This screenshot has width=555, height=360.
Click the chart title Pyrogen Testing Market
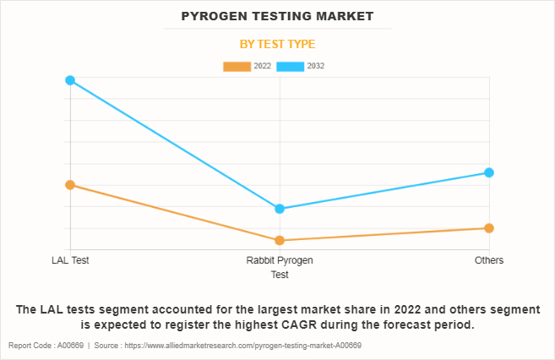pyautogui.click(x=277, y=16)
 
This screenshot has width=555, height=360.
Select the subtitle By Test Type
pyautogui.click(x=277, y=44)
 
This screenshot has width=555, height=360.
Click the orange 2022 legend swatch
pyautogui.click(x=237, y=66)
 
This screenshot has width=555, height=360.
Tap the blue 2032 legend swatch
pyautogui.click(x=291, y=66)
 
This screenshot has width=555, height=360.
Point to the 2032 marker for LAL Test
pyautogui.click(x=70, y=80)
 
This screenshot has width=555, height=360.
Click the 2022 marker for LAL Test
pyautogui.click(x=70, y=184)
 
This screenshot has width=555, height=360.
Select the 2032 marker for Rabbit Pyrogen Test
pyautogui.click(x=280, y=209)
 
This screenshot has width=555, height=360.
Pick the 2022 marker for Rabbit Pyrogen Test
pyautogui.click(x=280, y=240)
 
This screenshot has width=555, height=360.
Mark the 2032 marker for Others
pyautogui.click(x=489, y=172)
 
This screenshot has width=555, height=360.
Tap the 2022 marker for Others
pyautogui.click(x=489, y=228)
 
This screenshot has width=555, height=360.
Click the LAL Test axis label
pyautogui.click(x=70, y=260)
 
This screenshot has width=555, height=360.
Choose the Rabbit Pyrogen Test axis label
pyautogui.click(x=280, y=267)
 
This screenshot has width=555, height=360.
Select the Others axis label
pyautogui.click(x=489, y=260)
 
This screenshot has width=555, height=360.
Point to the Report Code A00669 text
pyautogui.click(x=46, y=346)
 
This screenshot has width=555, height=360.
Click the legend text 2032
pyautogui.click(x=316, y=66)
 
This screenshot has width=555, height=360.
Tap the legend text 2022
pyautogui.click(x=262, y=66)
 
